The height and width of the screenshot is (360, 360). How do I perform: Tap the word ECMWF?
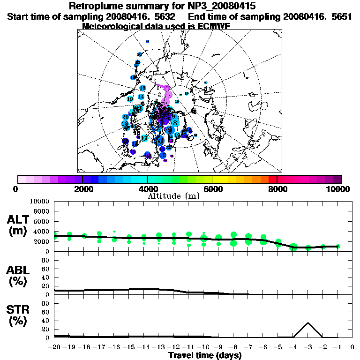pos(210,26)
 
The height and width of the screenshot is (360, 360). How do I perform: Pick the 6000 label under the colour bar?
pos(213,189)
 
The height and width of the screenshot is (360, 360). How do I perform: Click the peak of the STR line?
pos(308,322)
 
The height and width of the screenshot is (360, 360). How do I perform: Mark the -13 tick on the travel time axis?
pos(159,347)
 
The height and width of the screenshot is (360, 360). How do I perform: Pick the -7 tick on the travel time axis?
pos(248,347)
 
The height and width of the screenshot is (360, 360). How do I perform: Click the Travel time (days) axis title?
pos(205,355)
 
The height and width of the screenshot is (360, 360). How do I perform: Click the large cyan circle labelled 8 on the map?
pos(175,123)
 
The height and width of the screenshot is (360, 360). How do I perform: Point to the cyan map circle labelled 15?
pos(142,88)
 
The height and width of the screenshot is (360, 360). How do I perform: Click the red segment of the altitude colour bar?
pos(273,179)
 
